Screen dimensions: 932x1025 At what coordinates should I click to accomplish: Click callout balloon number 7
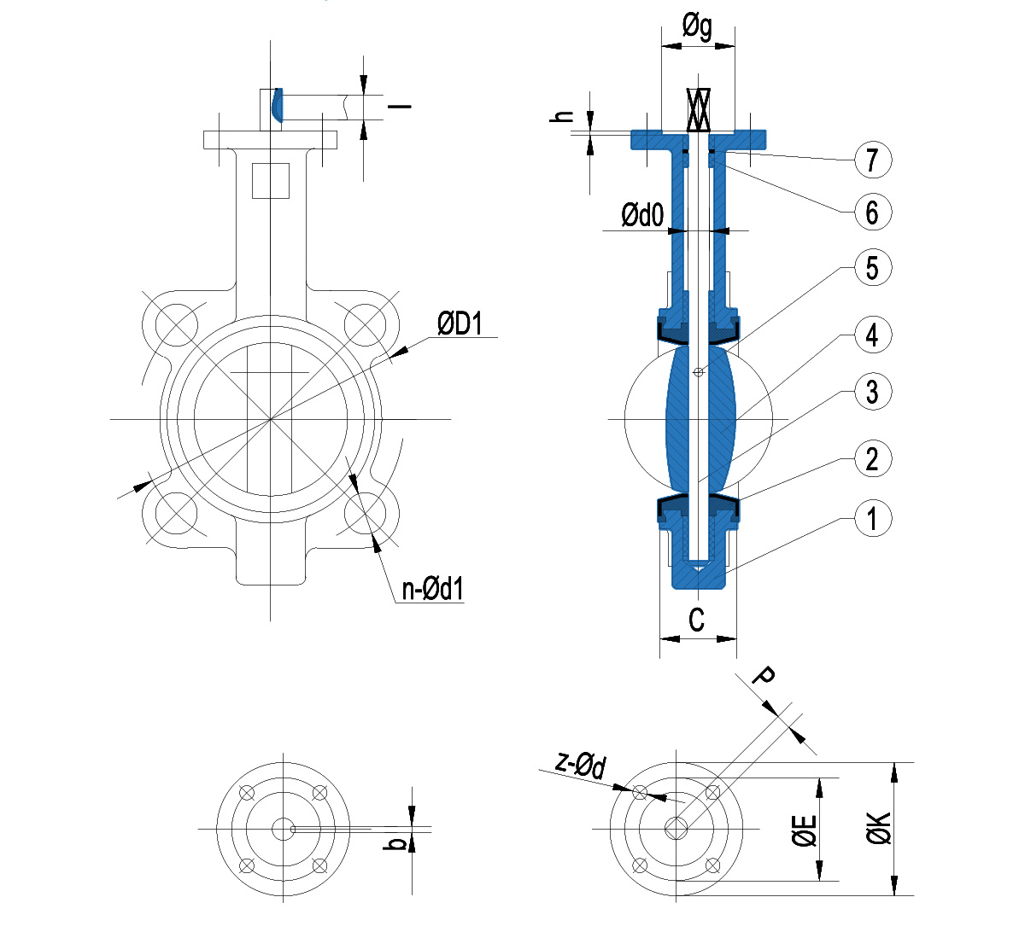tap(872, 160)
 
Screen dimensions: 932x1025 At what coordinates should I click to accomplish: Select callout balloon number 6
tap(872, 212)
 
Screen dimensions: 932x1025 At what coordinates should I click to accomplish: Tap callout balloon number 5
tap(872, 268)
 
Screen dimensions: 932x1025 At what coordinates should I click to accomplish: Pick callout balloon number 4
tap(872, 335)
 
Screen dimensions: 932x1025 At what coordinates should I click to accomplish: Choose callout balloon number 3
tap(872, 392)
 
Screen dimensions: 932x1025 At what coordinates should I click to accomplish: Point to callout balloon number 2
tap(872, 459)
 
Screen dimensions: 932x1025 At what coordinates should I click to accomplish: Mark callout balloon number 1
tap(872, 518)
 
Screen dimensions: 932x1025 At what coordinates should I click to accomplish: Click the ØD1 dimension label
tap(460, 323)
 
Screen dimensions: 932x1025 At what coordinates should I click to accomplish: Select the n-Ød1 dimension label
tap(432, 588)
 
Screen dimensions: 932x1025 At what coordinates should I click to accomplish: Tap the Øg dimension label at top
tap(697, 28)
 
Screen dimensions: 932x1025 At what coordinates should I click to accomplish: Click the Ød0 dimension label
tap(642, 214)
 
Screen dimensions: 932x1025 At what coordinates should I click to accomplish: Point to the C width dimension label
tap(697, 620)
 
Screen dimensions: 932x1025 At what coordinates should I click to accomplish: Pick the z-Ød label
tap(581, 764)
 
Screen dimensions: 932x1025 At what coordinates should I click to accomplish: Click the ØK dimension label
tap(879, 828)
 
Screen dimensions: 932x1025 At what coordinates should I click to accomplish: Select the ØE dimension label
tap(804, 830)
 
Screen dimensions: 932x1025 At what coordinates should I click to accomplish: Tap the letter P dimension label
tap(763, 677)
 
